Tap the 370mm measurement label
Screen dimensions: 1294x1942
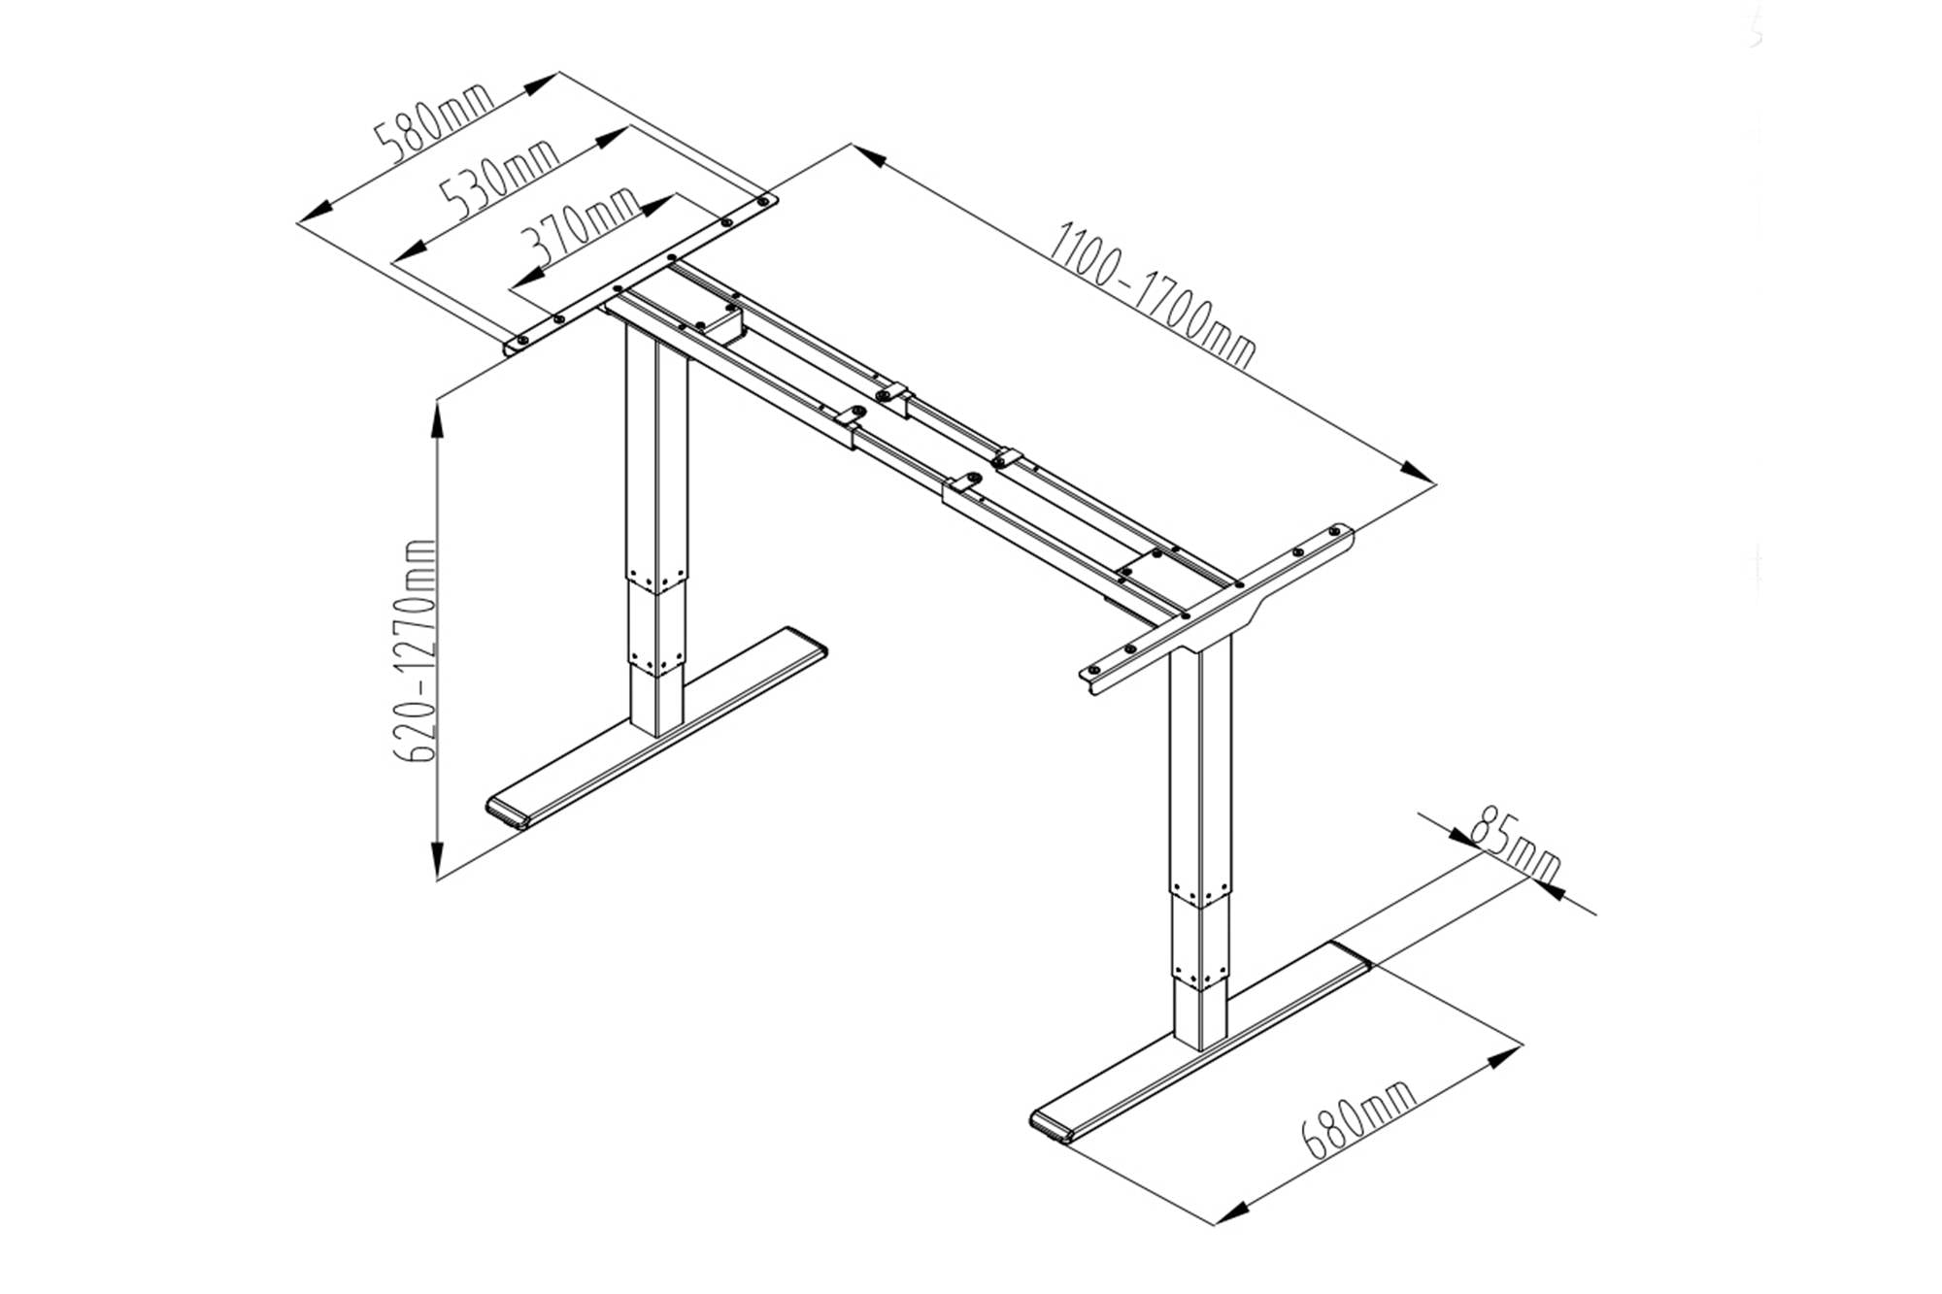tap(580, 232)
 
